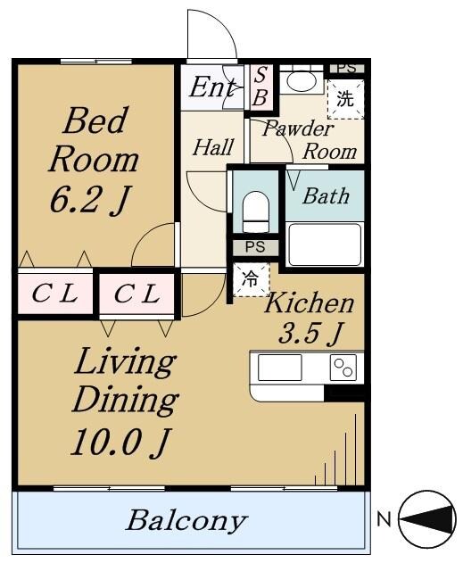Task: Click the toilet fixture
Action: tap(256, 211)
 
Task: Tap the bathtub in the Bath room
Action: tap(325, 244)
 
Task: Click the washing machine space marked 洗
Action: tap(345, 99)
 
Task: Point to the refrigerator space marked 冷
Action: tap(251, 279)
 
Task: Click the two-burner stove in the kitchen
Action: tap(343, 368)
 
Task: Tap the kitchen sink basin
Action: tap(279, 368)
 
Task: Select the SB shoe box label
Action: tap(260, 87)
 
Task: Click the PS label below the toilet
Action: tap(255, 247)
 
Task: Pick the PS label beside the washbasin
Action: tap(347, 68)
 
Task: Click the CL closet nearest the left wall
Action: tap(55, 294)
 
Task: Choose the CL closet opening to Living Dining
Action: tap(136, 294)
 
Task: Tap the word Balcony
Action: tap(186, 521)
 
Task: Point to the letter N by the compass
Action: tap(384, 519)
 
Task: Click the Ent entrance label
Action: tap(212, 87)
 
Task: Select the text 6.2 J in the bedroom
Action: tap(89, 200)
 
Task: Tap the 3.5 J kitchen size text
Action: tap(309, 333)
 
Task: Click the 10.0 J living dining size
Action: tap(120, 443)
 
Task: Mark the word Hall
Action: tap(213, 147)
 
